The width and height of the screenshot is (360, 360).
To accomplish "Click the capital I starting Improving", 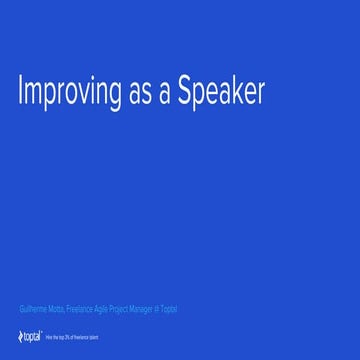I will pyautogui.click(x=21, y=91).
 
